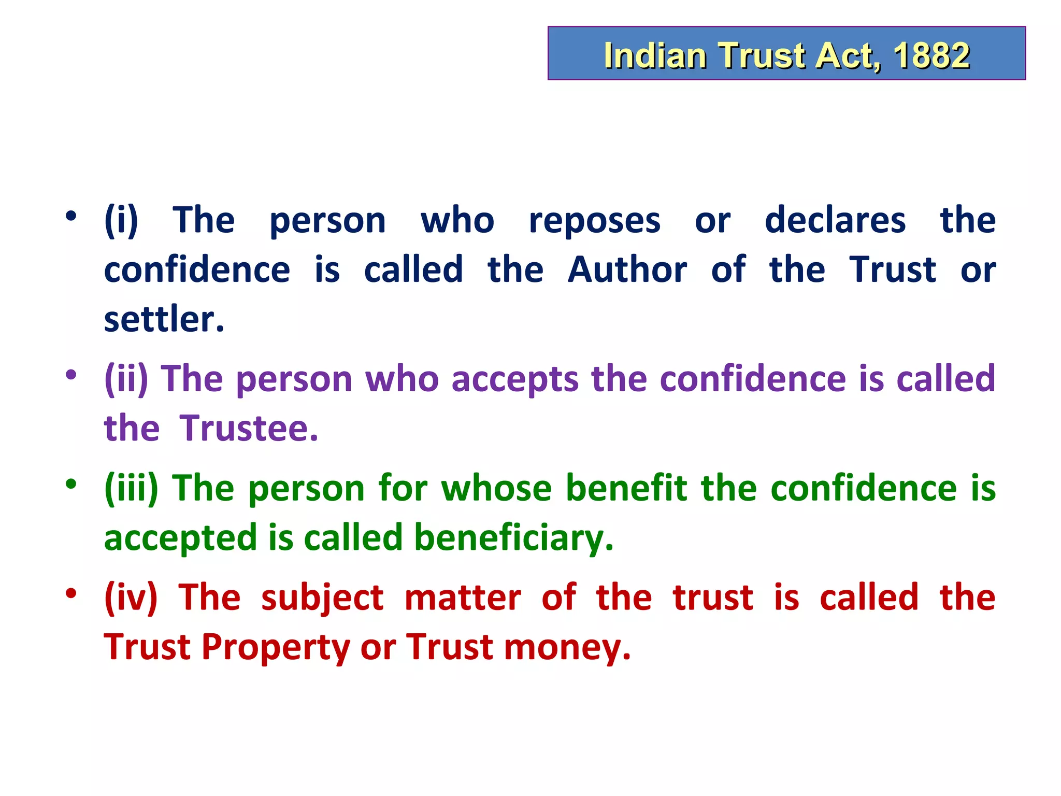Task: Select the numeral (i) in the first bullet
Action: click(121, 220)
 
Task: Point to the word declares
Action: click(835, 220)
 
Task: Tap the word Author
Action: click(627, 269)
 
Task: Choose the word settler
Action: click(164, 319)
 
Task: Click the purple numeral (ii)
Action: click(126, 379)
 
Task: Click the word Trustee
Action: click(249, 428)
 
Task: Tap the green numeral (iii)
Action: click(131, 488)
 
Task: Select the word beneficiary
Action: click(513, 538)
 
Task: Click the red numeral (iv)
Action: click(131, 598)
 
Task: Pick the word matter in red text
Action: click(463, 598)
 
